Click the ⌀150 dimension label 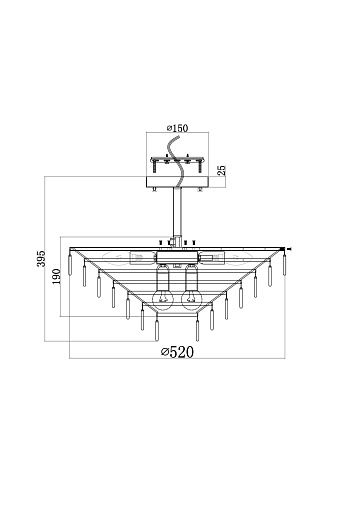point(177,128)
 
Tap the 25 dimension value point(222,170)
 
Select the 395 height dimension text point(41,258)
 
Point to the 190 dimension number point(56,276)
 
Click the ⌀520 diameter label point(177,352)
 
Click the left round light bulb point(163,299)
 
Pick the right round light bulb point(191,299)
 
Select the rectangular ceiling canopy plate point(177,182)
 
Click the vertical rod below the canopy point(177,213)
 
